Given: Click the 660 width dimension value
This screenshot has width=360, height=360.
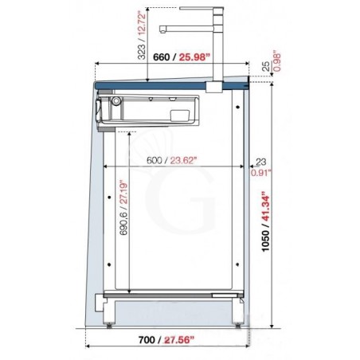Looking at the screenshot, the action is (x=161, y=57).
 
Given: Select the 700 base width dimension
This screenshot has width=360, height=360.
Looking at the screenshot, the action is (x=147, y=339).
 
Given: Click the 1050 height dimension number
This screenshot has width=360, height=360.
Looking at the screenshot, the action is (x=265, y=241).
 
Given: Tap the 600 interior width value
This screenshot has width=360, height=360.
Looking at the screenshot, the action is (x=155, y=160).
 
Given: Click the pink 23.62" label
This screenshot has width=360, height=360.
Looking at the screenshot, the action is (x=184, y=160).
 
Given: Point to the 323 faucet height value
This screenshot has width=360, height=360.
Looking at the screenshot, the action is (x=142, y=52).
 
